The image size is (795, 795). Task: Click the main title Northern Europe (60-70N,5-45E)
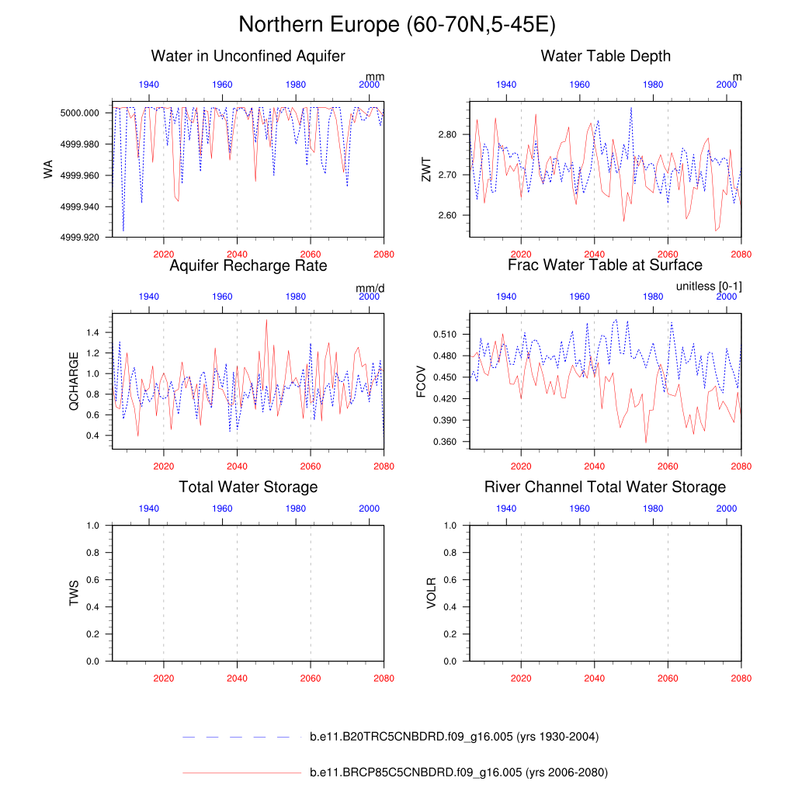[x=397, y=25]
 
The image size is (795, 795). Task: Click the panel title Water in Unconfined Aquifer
[x=248, y=56]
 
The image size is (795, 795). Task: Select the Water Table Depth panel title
[x=606, y=56]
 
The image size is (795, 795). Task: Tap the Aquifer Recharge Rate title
[x=248, y=266]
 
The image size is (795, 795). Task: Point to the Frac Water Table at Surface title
[x=605, y=266]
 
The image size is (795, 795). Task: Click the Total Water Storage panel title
[x=248, y=487]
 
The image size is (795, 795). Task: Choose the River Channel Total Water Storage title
[x=605, y=487]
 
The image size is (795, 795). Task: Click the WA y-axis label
[x=49, y=169]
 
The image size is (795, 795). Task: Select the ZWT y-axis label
[x=425, y=169]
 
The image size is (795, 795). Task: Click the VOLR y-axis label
[x=431, y=593]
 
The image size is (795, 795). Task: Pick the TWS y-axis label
[x=74, y=593]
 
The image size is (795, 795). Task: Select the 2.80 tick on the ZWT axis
[x=447, y=134]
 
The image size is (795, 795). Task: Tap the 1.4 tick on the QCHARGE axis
[x=94, y=332]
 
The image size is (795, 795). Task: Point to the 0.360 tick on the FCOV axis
[x=444, y=442]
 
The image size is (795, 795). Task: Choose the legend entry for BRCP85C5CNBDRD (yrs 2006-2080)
[x=458, y=772]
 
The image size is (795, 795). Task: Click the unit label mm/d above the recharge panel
[x=370, y=288]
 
